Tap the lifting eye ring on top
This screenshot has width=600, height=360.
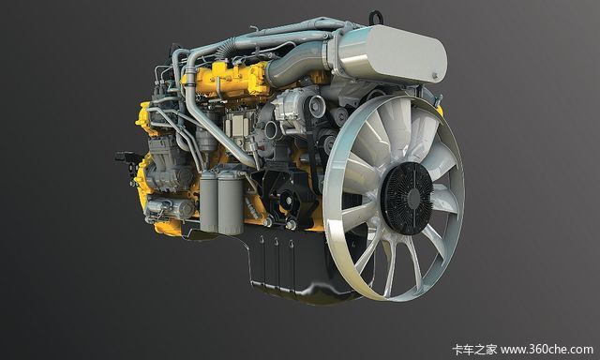click(375, 16)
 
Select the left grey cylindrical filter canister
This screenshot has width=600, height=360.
click(208, 202)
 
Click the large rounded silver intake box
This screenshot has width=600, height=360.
click(390, 53)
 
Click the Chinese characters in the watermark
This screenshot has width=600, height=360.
click(474, 350)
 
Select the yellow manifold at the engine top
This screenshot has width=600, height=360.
click(230, 81)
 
